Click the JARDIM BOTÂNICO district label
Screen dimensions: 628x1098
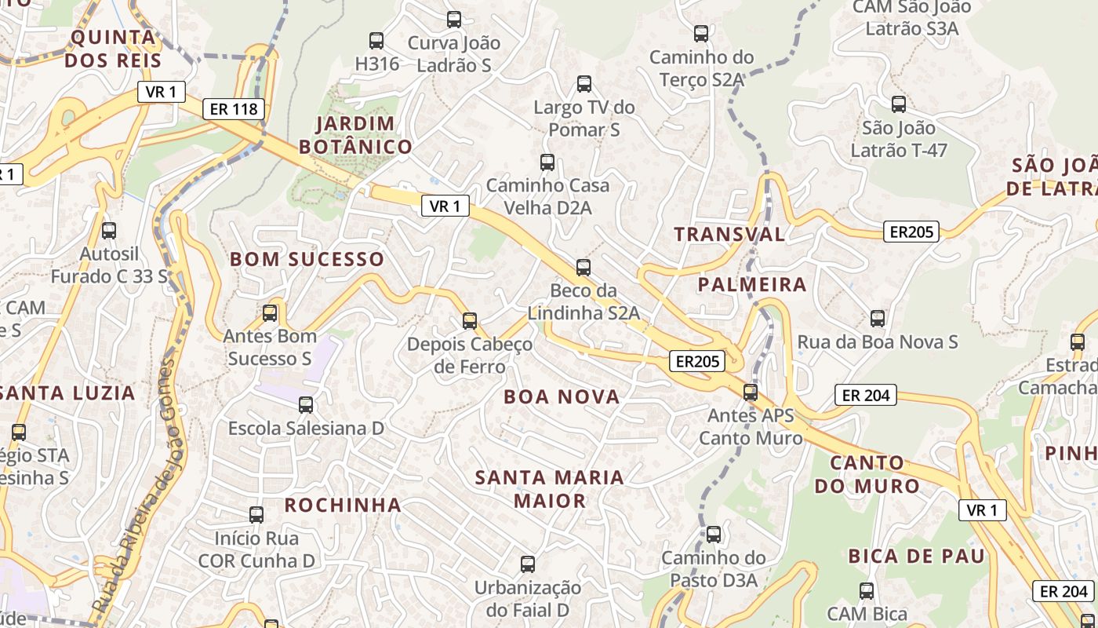pos(355,134)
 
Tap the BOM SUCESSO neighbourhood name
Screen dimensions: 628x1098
pos(307,259)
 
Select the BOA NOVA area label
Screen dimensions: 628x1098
pos(562,396)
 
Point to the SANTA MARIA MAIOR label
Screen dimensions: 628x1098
pos(550,488)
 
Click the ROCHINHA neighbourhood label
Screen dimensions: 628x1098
pos(343,505)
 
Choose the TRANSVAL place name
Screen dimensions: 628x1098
pos(729,234)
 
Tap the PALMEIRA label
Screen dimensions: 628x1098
pos(751,284)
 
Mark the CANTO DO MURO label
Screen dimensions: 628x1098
pos(866,474)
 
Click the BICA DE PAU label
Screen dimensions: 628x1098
pos(916,557)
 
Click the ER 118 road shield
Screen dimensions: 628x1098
pos(234,109)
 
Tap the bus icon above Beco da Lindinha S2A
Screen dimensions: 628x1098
pos(583,268)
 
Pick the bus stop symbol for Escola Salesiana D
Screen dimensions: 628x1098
pos(306,405)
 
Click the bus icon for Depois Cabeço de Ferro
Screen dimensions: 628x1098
pos(469,320)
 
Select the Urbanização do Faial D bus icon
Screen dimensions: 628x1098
pos(528,564)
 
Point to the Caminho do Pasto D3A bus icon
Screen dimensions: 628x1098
pos(713,535)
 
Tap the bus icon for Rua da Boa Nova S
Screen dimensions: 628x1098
pos(878,318)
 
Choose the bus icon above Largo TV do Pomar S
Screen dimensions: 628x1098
pos(584,84)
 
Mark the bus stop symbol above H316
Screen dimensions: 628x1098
pos(376,40)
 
